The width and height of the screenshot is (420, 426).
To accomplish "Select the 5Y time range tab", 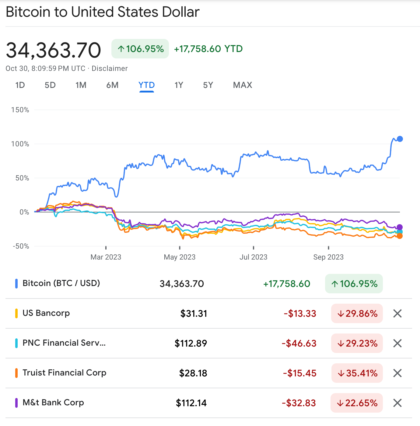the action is click(x=208, y=85).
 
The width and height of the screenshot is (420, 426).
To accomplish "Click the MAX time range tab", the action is click(x=242, y=85).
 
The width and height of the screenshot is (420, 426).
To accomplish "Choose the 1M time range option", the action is click(x=81, y=85).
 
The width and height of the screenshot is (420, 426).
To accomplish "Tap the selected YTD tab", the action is click(x=146, y=85).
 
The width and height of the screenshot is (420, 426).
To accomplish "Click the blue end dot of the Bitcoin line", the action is click(x=400, y=139).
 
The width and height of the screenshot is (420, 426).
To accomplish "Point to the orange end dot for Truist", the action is click(x=399, y=236).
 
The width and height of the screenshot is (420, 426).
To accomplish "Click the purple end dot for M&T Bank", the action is click(x=399, y=227).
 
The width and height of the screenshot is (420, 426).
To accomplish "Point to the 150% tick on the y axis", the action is click(x=20, y=110).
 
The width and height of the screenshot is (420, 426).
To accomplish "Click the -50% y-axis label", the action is click(x=21, y=246).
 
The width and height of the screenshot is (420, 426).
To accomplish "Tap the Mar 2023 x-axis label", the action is click(x=106, y=257).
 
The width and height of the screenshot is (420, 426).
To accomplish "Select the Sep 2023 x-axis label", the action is click(x=328, y=257).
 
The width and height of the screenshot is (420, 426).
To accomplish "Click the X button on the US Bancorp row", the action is click(x=397, y=313).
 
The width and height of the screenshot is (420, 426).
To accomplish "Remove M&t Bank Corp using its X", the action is click(x=397, y=403).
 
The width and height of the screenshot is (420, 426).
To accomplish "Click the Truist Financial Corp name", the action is click(x=64, y=373).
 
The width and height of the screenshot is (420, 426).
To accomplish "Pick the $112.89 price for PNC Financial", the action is click(x=191, y=343).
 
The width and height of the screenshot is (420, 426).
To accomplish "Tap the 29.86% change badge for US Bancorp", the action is click(x=357, y=313).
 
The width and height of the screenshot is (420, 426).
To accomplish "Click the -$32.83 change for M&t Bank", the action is click(x=299, y=403).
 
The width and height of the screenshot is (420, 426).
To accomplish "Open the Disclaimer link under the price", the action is click(x=110, y=68).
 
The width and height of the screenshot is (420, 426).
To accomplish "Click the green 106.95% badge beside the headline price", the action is click(x=140, y=49).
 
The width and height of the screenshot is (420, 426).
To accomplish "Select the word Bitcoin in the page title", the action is click(x=28, y=12).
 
